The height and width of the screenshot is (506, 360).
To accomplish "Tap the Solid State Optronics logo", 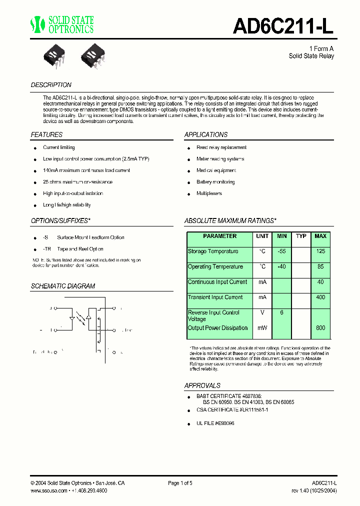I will coord(62,24).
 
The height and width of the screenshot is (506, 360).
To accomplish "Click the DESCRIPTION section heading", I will coord(51,85).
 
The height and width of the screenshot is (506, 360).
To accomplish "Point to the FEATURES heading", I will coord(46,134).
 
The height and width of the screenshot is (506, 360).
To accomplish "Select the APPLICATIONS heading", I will coord(206,134).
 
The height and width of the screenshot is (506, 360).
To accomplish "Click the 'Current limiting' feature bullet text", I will coord(59,147).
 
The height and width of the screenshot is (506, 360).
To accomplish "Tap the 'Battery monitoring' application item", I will coord(215,182).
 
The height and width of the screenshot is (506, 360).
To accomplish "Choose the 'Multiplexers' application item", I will coord(209,193).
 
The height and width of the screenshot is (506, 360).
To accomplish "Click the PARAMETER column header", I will coord(220,236).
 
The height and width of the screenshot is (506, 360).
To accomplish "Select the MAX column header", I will coord(320,236).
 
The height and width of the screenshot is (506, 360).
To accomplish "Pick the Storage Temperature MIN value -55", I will coord(281,251).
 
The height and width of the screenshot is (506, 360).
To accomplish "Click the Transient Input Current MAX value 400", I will coord(320,297).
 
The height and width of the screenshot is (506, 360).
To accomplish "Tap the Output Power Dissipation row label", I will coord(217,328).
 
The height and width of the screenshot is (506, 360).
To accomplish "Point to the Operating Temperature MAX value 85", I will coord(320,267).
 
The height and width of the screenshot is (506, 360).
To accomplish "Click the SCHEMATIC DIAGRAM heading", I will coord(63,286).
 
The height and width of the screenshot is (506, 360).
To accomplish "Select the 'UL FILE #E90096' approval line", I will coord(215,423).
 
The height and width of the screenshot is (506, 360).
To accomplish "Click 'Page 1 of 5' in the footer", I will coord(180,483).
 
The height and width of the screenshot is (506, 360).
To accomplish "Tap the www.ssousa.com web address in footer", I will coord(48,491).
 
